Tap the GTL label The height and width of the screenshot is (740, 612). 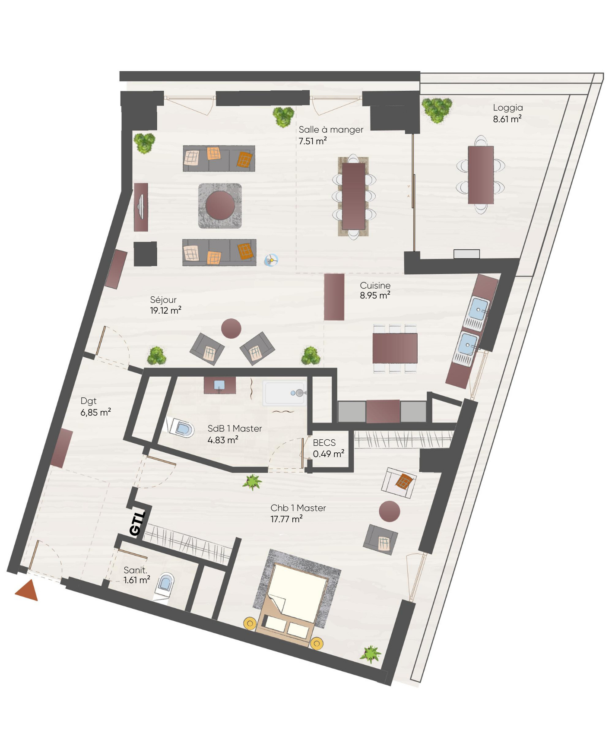click(137, 523)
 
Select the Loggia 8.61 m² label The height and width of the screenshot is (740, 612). click(507, 113)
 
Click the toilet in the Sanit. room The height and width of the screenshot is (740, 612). click(164, 586)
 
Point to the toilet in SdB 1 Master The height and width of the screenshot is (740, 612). click(180, 428)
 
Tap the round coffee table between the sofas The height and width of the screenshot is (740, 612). click(220, 206)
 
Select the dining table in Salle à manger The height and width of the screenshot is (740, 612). click(354, 196)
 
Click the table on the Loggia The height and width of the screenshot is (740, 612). click(481, 175)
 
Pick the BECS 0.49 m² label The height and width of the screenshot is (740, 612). click(328, 448)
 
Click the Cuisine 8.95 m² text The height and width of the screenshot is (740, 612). click(375, 290)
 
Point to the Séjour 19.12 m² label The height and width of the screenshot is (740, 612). click(165, 305)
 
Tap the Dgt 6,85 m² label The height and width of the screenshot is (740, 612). click(95, 407)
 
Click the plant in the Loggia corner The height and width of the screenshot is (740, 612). click(437, 110)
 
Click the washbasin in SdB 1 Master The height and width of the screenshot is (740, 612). click(219, 385)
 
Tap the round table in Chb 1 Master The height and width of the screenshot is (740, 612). click(390, 511)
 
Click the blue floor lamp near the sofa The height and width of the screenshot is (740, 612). click(271, 260)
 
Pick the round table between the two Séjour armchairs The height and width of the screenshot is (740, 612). click(231, 329)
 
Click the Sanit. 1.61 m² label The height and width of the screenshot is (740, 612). click(136, 575)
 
